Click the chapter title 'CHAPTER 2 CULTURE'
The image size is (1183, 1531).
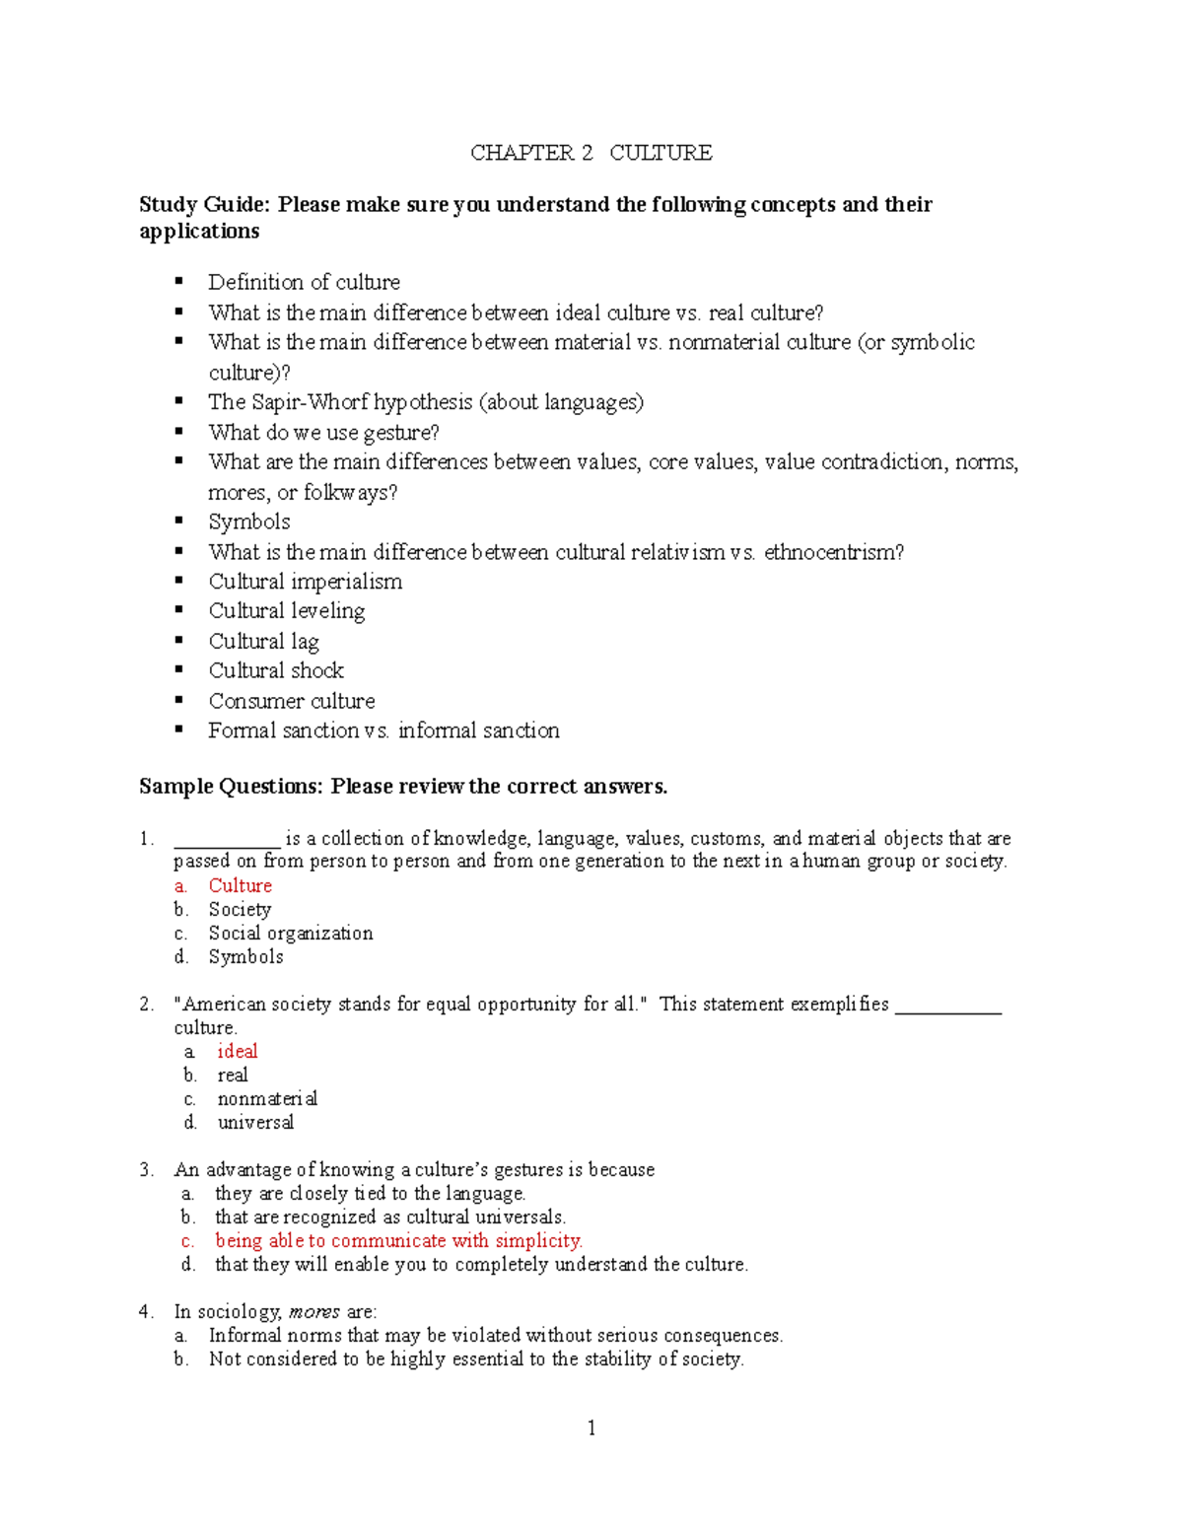click(591, 153)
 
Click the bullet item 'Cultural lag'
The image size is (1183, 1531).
click(263, 641)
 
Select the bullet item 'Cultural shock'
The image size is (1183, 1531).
click(276, 670)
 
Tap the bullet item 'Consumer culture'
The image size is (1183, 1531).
click(292, 701)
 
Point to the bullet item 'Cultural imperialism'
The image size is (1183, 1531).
click(305, 582)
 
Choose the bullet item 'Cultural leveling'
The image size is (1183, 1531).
click(286, 611)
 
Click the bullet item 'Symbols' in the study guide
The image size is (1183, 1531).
click(249, 522)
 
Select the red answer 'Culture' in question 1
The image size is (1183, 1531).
click(240, 885)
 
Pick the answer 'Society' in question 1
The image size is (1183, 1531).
click(240, 909)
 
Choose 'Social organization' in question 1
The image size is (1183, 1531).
click(291, 933)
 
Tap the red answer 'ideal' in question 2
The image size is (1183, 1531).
click(238, 1051)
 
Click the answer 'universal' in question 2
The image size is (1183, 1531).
click(255, 1122)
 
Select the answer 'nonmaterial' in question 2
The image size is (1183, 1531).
click(267, 1098)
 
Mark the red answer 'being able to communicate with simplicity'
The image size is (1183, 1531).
click(398, 1240)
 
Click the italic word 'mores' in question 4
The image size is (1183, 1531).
click(314, 1311)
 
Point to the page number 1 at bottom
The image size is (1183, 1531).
click(591, 1427)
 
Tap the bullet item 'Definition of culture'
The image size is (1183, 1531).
click(304, 282)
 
